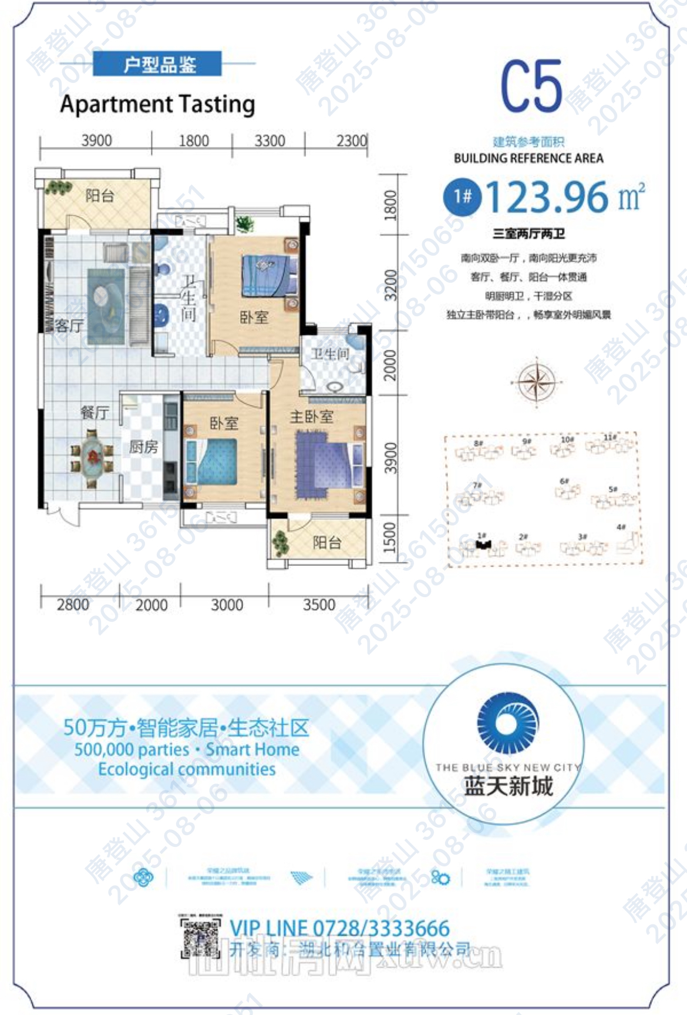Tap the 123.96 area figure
547,197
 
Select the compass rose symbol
536,381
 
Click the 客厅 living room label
69,326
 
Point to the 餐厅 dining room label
94,413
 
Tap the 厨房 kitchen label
143,447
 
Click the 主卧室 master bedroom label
311,417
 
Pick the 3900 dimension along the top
96,141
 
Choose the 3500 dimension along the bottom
319,605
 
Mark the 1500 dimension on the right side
390,538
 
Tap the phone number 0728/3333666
381,928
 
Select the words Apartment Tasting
157,104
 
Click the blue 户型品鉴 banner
157,64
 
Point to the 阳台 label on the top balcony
99,195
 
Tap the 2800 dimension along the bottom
73,605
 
